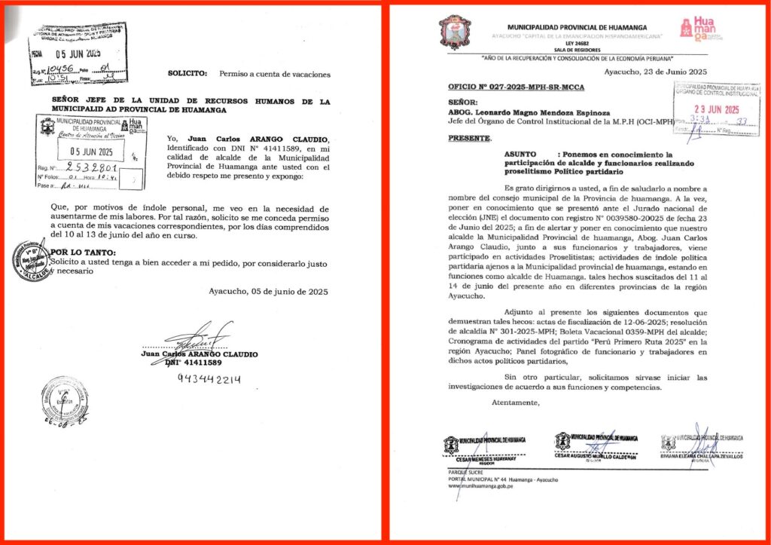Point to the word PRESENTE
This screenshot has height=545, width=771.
pos(468,139)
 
